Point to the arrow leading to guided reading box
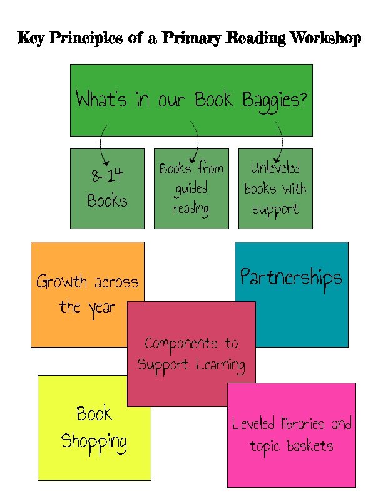pos(195,142)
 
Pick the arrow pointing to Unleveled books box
pos(278,142)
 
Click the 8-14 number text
pos(106,177)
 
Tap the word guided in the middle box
pos(191,189)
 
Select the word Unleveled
pos(275,168)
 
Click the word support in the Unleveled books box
pos(275,209)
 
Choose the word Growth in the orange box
pos(61,282)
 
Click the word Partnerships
pos(291,277)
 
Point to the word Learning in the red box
pos(219,364)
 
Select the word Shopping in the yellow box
pos(94,442)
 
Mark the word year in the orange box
pos(101,307)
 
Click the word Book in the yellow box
pos(94,414)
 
